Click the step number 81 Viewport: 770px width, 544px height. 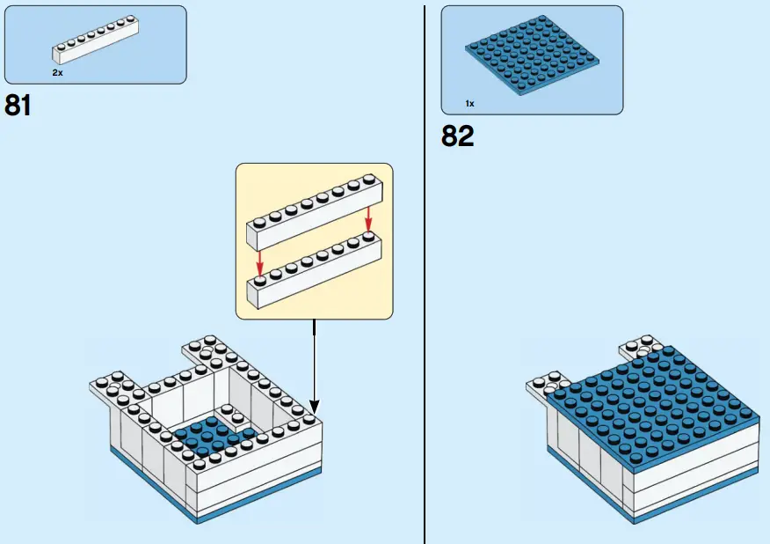(x=18, y=106)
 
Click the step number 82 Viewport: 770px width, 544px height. (x=457, y=136)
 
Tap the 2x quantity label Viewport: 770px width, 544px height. (x=57, y=73)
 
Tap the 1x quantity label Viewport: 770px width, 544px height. (x=470, y=104)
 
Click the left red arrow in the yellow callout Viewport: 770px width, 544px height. (x=258, y=261)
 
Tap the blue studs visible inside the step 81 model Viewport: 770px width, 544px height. (x=211, y=437)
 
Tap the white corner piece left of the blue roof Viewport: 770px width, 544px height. (x=542, y=386)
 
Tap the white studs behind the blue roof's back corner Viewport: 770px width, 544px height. (x=640, y=346)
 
